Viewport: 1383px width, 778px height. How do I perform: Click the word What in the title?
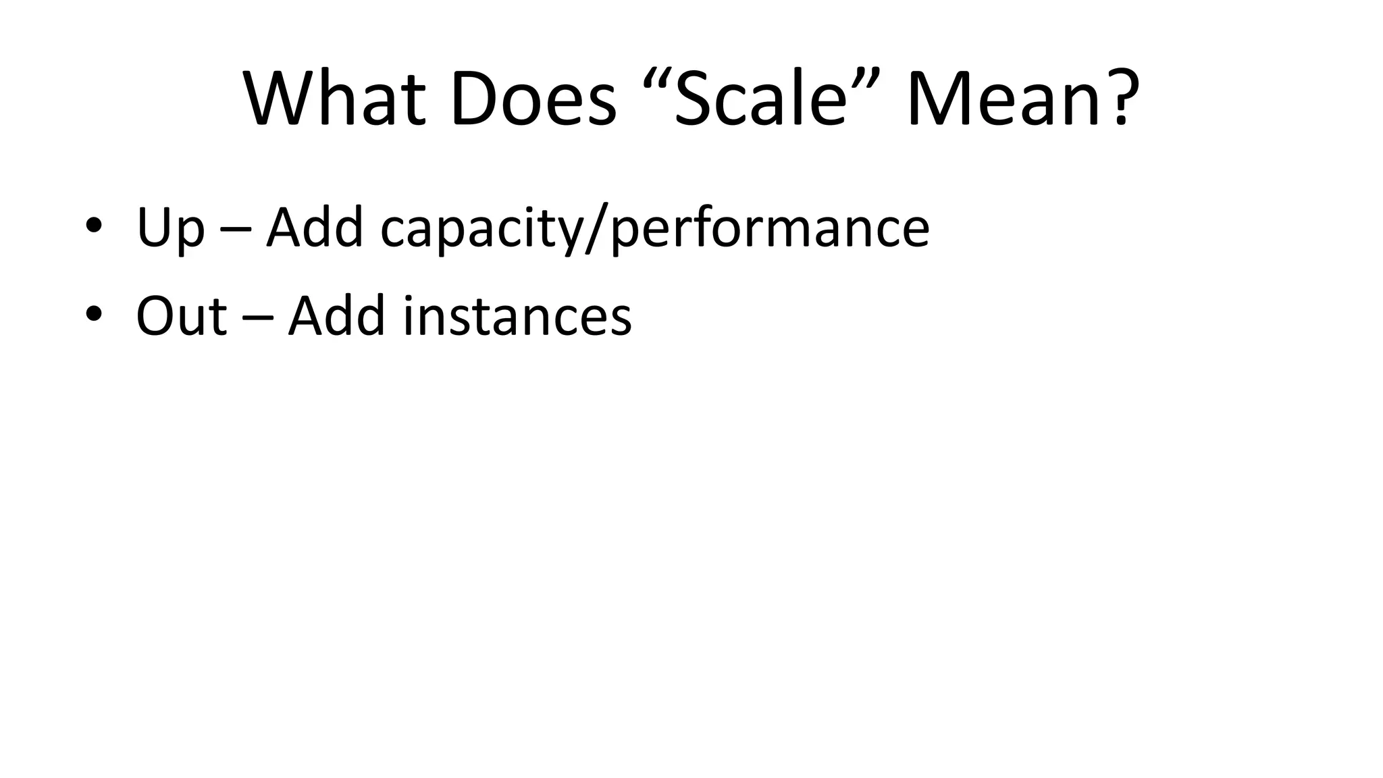334,99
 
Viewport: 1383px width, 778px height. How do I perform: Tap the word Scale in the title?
760,99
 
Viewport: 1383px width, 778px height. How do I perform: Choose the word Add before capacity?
315,227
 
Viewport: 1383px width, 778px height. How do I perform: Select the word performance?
769,230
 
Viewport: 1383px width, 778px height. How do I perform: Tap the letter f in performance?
698,226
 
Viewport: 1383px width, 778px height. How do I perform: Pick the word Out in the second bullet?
181,315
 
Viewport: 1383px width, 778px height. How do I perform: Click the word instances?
517,315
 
